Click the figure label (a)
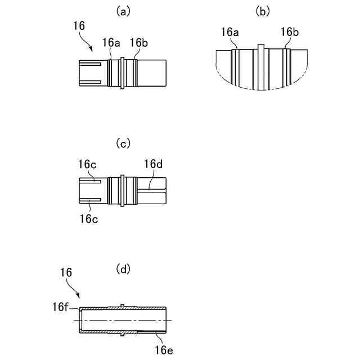(x=123, y=11)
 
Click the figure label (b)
(x=262, y=11)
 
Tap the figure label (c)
(x=123, y=143)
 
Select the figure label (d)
(x=123, y=269)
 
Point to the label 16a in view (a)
(x=111, y=43)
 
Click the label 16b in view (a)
(x=139, y=43)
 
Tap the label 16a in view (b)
(x=229, y=33)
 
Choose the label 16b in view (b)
(x=289, y=33)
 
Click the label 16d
(x=154, y=164)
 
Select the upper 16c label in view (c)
(x=87, y=164)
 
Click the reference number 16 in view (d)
(x=66, y=272)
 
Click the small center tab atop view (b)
(x=260, y=47)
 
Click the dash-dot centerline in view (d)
(x=124, y=321)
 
